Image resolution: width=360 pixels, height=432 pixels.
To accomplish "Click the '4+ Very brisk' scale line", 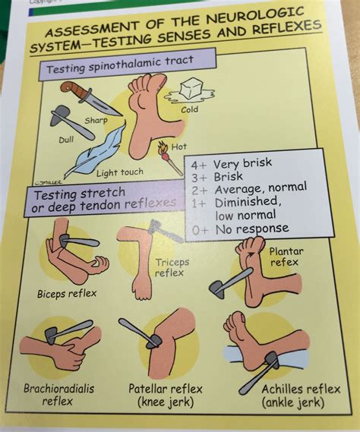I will pos(241,163).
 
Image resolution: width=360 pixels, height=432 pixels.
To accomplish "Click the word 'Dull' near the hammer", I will pos(66,139).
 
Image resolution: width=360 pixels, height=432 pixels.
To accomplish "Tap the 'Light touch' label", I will pos(121,173).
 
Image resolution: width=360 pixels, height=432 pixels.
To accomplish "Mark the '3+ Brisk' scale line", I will pos(227,175).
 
